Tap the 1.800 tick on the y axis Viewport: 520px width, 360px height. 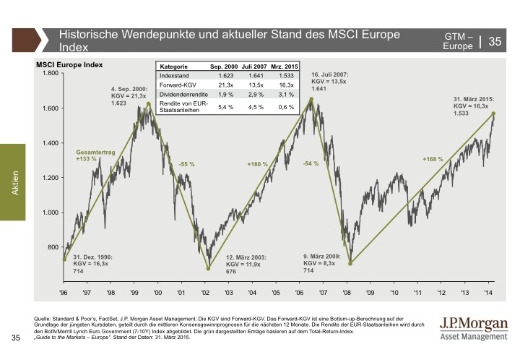point(48,74)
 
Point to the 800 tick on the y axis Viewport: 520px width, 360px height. point(52,247)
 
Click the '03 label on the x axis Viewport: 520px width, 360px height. point(228,292)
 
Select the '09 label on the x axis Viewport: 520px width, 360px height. point(370,292)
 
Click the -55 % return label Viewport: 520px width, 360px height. point(187,165)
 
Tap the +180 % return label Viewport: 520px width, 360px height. point(257,165)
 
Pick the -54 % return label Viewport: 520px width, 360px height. point(311,164)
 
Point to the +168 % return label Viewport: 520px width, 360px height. point(433,159)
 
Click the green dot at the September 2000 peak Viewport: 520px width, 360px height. point(149,103)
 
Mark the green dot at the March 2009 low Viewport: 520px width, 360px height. point(350,262)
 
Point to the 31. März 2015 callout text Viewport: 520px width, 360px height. point(473,106)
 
